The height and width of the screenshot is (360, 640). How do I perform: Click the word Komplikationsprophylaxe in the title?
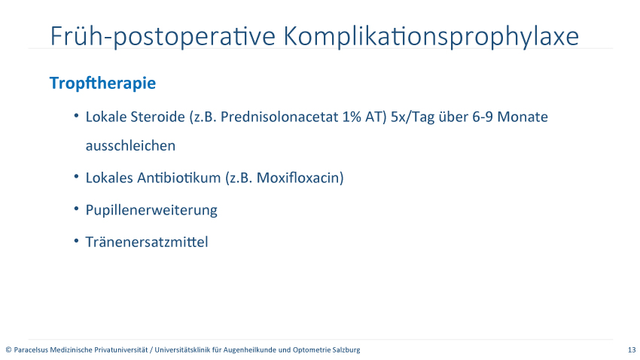(x=431, y=37)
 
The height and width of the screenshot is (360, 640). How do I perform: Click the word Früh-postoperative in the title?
(x=163, y=37)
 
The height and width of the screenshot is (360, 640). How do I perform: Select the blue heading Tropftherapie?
(x=102, y=84)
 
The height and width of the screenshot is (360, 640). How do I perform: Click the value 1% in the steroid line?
(x=352, y=117)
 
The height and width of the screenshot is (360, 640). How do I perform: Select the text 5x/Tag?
(x=413, y=117)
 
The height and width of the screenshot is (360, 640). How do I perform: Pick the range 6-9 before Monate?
(x=483, y=117)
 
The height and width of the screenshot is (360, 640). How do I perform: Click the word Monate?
(x=523, y=117)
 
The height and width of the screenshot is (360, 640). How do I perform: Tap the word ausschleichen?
(x=130, y=145)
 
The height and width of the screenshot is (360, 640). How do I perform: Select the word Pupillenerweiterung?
(x=151, y=211)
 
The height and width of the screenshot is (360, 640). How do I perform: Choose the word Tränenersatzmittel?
(x=147, y=242)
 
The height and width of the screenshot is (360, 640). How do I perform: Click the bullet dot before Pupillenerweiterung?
(x=76, y=209)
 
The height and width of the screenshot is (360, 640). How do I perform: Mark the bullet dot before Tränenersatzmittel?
(x=76, y=241)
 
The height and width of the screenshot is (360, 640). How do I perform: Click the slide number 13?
(x=632, y=349)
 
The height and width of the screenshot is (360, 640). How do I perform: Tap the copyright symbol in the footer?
(x=8, y=350)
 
